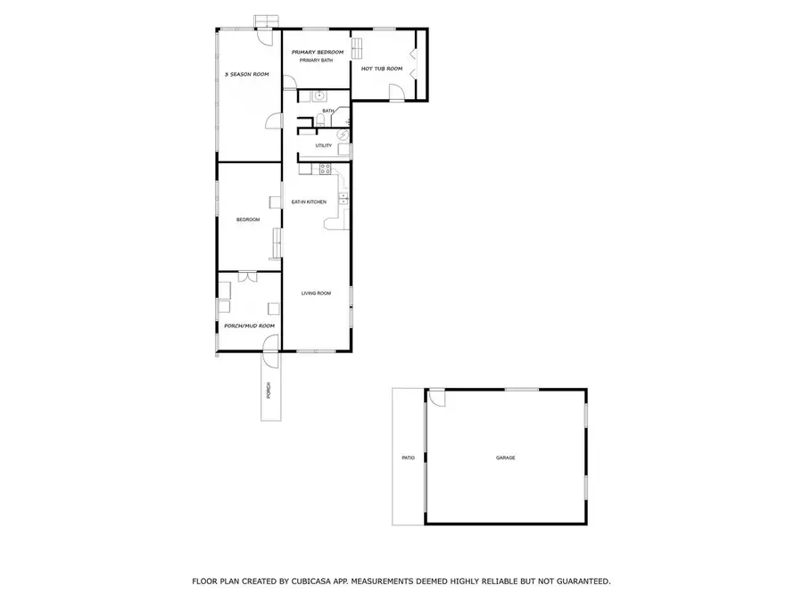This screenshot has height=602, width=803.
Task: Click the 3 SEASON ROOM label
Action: (x=247, y=74)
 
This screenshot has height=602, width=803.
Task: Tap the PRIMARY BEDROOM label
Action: (x=318, y=53)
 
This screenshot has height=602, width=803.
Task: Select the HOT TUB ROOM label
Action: (x=382, y=68)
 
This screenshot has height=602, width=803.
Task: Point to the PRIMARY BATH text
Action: (x=315, y=61)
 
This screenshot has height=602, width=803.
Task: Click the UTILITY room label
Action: (x=323, y=145)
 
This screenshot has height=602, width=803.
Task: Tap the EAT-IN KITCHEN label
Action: (x=309, y=202)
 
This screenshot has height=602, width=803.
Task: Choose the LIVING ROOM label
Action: (x=316, y=293)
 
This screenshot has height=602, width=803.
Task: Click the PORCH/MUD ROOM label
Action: (x=249, y=326)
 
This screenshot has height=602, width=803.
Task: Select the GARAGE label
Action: (x=506, y=458)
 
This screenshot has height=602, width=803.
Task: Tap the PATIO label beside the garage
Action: (x=409, y=458)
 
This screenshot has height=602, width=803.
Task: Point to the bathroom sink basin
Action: (x=317, y=95)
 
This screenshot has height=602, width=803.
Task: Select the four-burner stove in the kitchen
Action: (x=326, y=167)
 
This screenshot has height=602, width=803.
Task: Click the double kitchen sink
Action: (x=342, y=198)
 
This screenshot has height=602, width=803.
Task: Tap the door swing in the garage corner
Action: (x=437, y=400)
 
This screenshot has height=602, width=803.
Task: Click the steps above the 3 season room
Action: (x=265, y=21)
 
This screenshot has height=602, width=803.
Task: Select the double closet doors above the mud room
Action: (x=248, y=277)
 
